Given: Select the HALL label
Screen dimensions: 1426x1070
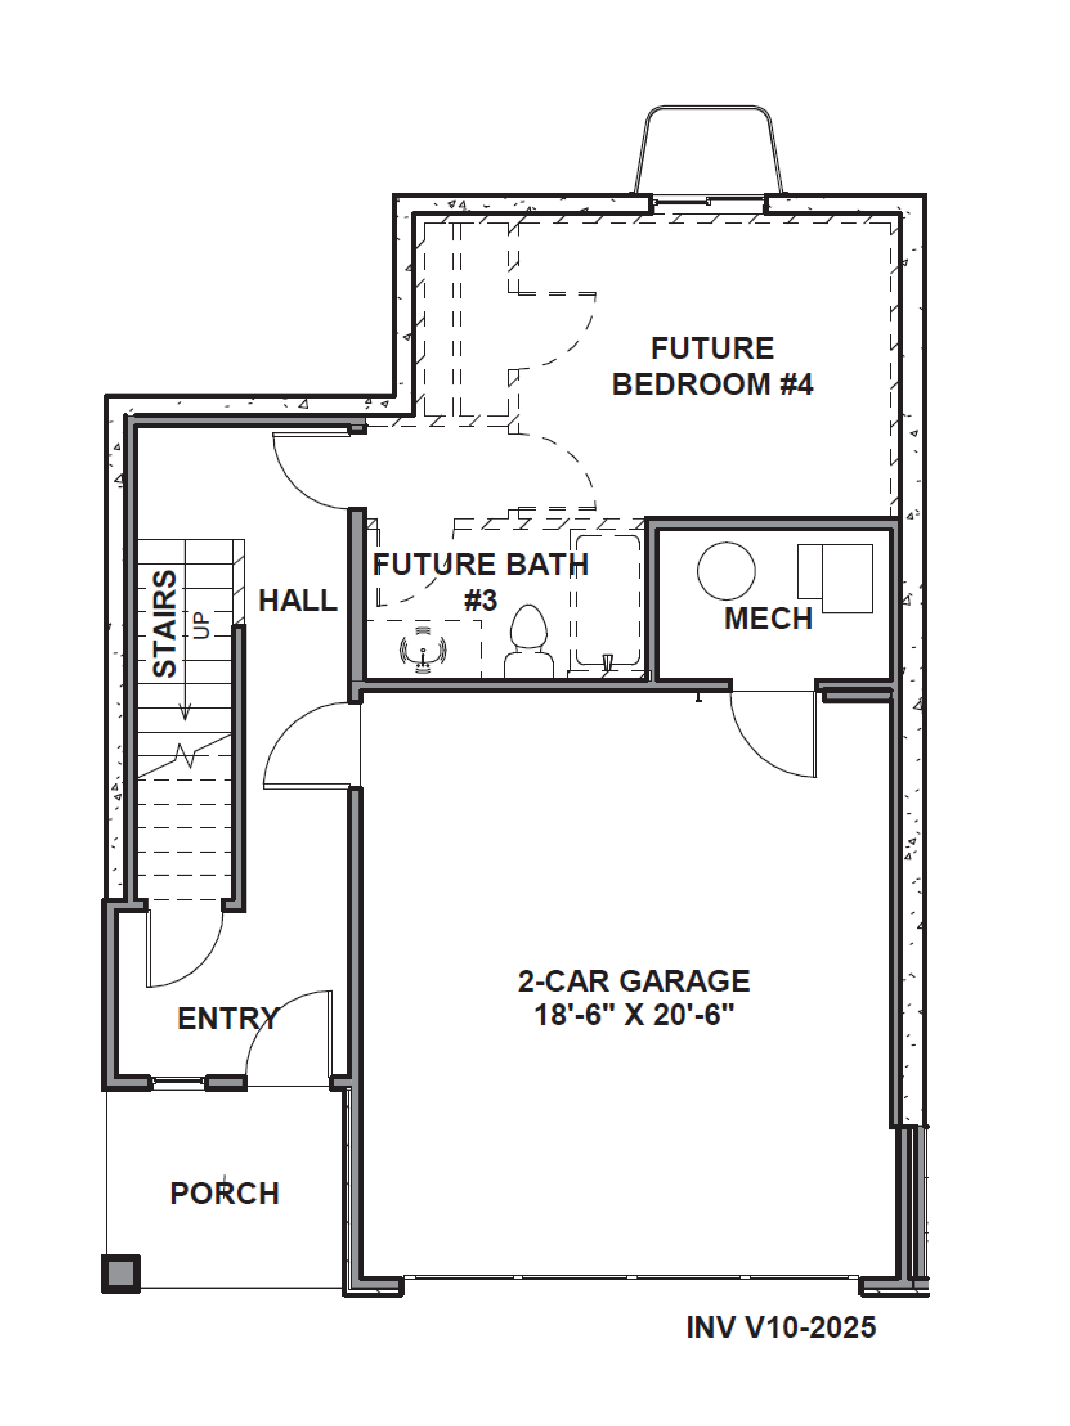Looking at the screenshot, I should coord(298,601).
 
